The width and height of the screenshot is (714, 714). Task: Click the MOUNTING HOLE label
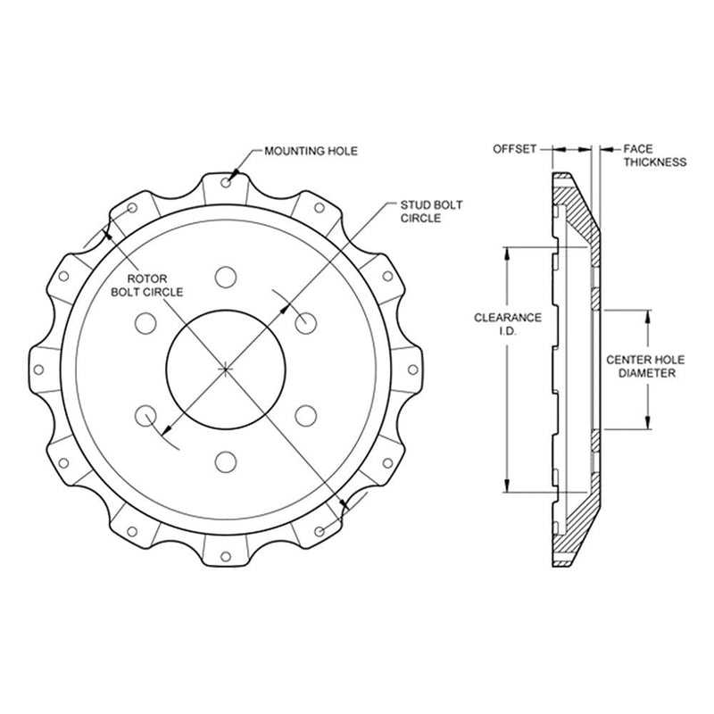(311, 151)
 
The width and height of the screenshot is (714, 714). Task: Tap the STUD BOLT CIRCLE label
(431, 212)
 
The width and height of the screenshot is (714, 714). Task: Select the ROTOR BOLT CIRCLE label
(147, 285)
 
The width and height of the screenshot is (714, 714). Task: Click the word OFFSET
(515, 149)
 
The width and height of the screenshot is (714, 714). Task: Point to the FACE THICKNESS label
(655, 155)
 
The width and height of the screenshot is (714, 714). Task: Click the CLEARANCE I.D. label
(508, 324)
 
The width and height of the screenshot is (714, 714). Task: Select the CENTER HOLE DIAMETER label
(645, 367)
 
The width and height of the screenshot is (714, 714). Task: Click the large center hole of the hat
(226, 369)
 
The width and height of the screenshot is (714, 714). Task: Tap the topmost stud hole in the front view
(226, 277)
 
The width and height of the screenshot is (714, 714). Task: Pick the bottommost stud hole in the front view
(226, 461)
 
